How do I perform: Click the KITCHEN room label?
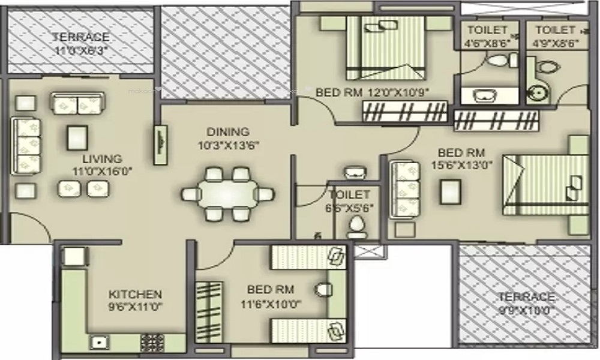[135, 294]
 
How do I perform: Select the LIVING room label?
[102, 159]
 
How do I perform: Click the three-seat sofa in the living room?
[26, 145]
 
